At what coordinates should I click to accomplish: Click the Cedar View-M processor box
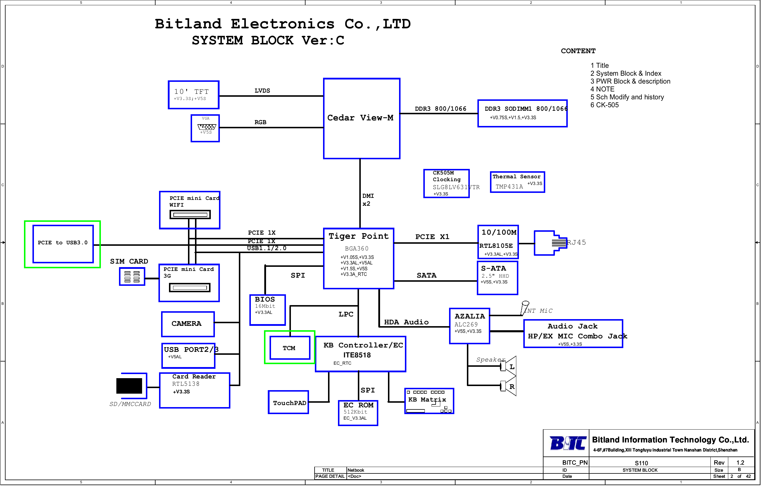coord(361,118)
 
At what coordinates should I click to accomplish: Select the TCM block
coord(289,347)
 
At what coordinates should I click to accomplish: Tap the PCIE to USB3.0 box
coord(63,243)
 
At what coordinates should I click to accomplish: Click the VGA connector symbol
coord(206,127)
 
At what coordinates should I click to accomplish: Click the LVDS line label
coord(262,91)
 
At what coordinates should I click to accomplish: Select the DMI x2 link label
coord(367,200)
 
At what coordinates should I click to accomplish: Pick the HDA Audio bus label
coord(406,322)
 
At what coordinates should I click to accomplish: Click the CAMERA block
coord(188,324)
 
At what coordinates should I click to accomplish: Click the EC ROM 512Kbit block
coord(358,412)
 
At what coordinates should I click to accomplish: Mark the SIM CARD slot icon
coord(132,276)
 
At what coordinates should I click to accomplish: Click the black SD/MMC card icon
coord(129,385)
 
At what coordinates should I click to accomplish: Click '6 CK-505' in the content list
coord(604,105)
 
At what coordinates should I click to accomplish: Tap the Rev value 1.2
coord(740,462)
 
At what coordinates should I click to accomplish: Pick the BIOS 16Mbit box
coord(268,309)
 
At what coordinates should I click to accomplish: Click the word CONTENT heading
coord(578,51)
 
